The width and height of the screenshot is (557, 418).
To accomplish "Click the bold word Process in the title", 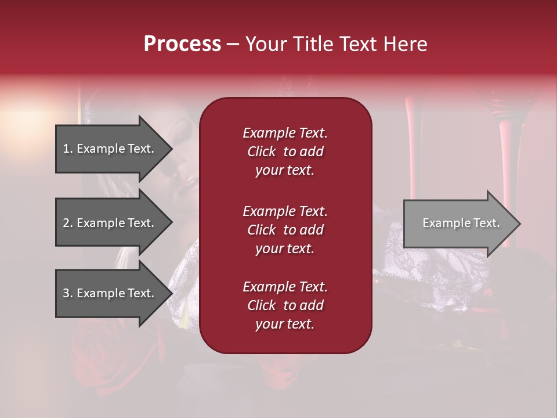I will [x=182, y=44].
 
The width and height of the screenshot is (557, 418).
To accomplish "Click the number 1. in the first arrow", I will [x=68, y=149].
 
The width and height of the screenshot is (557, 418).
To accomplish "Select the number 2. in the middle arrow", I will [x=68, y=223].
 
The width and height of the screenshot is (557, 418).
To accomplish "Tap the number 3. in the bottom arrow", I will [x=68, y=293].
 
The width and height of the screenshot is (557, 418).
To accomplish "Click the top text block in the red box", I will [x=285, y=152].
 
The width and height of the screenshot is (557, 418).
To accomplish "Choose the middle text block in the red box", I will [x=285, y=230].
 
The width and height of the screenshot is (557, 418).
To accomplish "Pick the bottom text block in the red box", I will [x=285, y=305].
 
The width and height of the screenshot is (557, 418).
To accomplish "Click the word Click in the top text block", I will [x=262, y=152].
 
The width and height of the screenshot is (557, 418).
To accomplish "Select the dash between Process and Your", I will [x=233, y=45].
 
